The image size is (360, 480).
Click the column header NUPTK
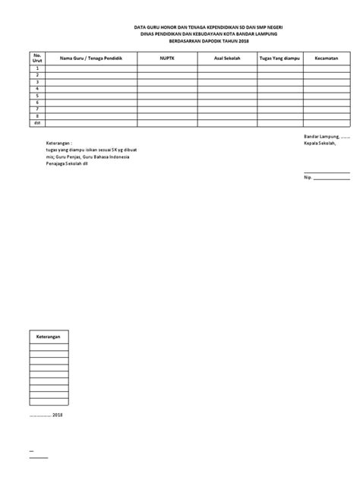point(168,57)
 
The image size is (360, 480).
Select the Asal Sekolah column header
point(227,57)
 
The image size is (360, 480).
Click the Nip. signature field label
point(308,179)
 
